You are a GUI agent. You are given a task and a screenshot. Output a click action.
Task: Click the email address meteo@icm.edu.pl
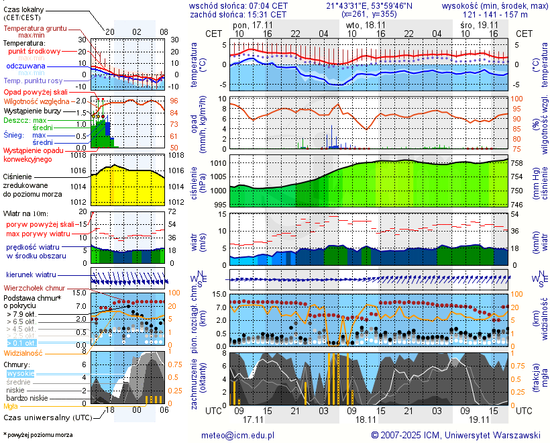tap(238, 435)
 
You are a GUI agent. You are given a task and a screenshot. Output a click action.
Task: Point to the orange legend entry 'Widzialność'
tap(23, 352)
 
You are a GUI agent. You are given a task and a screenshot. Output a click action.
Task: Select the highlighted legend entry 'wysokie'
tap(20, 373)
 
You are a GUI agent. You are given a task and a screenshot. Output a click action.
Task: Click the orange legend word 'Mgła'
tap(11, 406)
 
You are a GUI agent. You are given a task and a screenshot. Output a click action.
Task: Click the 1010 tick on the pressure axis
tap(219, 163)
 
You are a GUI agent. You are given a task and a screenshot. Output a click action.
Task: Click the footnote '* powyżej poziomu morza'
tap(38, 435)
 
